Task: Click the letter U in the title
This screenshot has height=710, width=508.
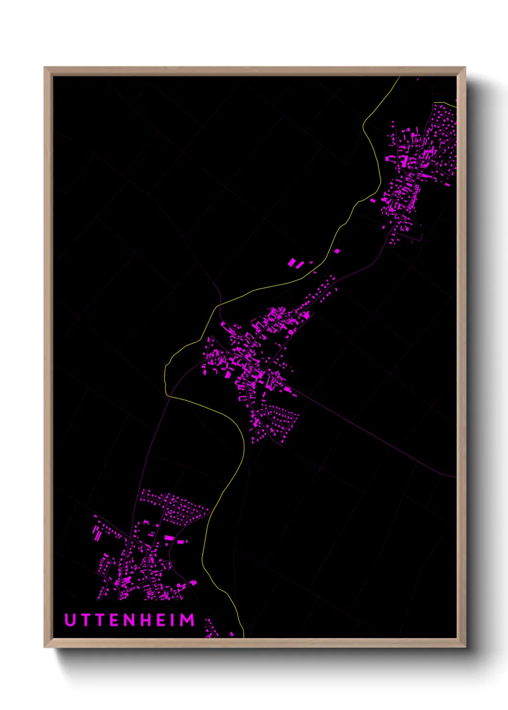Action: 71,620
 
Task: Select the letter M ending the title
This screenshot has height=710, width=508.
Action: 187,620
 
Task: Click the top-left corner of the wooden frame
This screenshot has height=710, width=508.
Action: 45,68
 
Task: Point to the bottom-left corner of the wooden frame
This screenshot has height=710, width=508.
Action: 45,647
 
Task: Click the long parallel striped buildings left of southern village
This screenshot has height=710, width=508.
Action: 97,533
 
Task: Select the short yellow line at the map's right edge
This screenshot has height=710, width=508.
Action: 450,103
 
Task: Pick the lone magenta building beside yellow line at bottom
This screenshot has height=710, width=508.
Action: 231,634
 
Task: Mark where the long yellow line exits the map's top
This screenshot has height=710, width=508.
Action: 399,77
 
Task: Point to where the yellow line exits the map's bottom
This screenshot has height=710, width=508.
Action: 243,637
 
